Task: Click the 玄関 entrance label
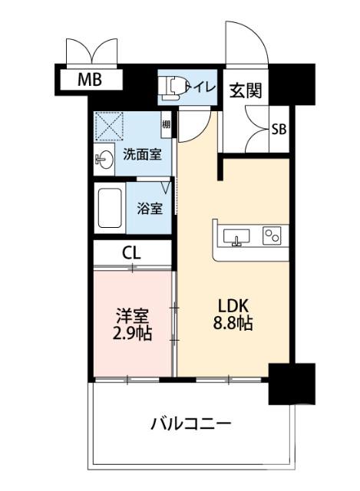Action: tap(245, 91)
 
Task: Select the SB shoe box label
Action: tap(279, 129)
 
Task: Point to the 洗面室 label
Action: tap(142, 153)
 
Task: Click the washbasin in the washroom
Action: tap(105, 160)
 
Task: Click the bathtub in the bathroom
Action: tap(111, 207)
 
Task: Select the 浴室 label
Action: tap(150, 207)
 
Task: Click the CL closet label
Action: tap(132, 252)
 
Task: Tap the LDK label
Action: tap(233, 305)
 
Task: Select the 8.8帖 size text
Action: tap(233, 323)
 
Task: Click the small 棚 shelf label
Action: tap(166, 124)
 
